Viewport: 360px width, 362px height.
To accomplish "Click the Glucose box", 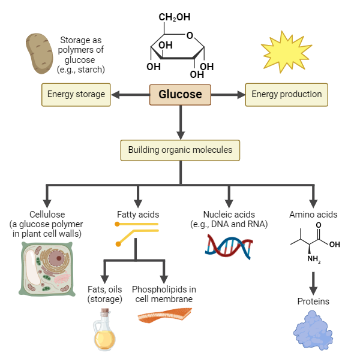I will [179, 95].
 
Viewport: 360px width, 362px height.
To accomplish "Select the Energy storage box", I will [76, 95].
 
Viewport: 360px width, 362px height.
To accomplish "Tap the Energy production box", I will [286, 95].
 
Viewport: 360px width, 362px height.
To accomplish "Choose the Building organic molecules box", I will [180, 149].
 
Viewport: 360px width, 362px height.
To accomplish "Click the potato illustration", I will [41, 55].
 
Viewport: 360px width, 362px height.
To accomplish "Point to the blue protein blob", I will [313, 331].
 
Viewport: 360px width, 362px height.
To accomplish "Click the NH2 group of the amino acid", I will [314, 260].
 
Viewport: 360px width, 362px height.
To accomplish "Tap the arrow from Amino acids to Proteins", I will [313, 282].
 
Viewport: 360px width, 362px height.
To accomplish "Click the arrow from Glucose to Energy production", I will [228, 95].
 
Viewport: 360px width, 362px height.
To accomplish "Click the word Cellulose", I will [47, 214].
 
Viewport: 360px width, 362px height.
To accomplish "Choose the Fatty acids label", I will [137, 214].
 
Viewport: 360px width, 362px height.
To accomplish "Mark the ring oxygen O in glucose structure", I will [190, 35].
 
